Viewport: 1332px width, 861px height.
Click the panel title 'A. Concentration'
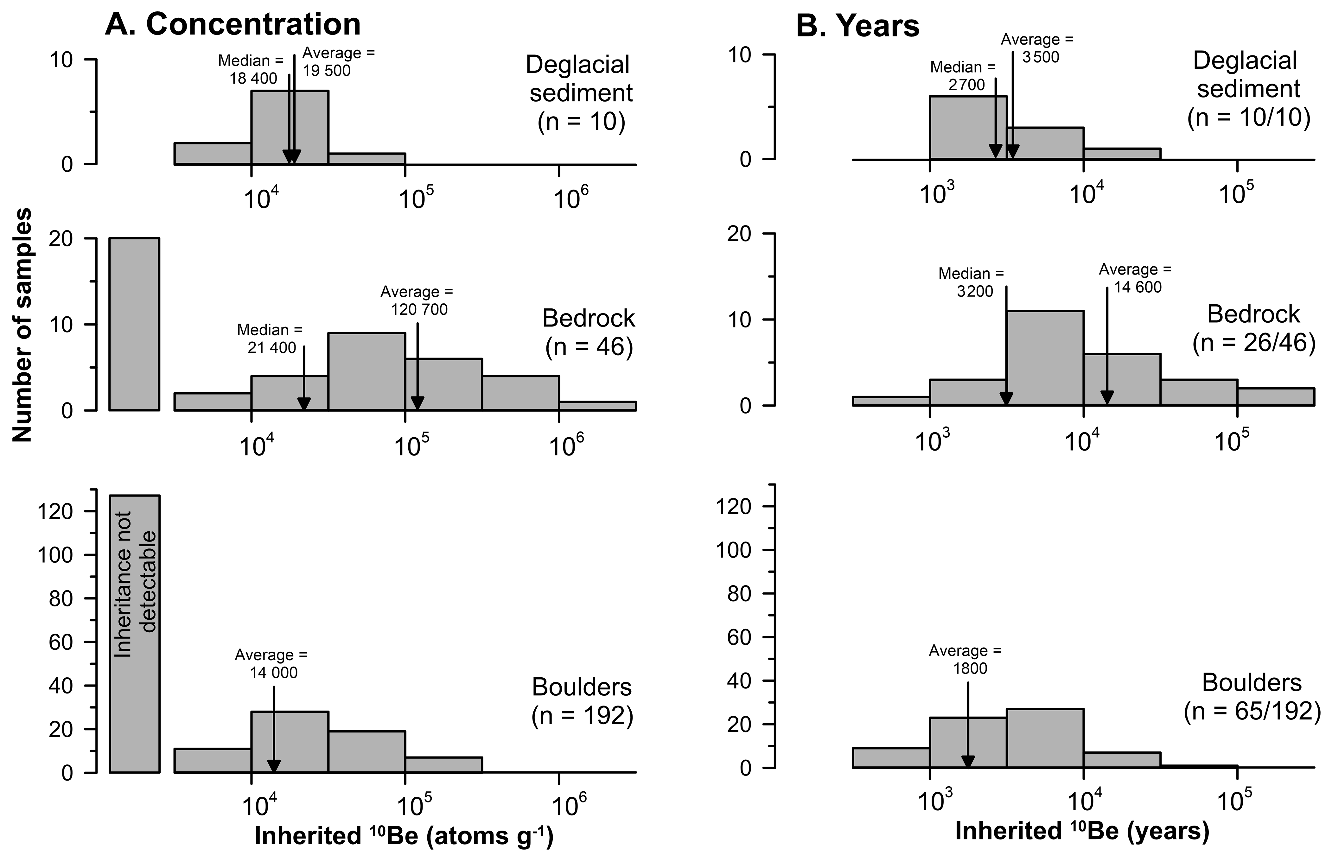233,25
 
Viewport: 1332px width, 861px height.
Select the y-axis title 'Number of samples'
22,326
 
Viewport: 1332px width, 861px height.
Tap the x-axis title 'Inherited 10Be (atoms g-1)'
404,836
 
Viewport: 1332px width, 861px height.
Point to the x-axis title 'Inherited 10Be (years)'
1082,831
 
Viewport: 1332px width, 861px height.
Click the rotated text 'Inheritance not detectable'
134,584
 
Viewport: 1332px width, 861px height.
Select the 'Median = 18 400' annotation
252,69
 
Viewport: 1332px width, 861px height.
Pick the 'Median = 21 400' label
271,338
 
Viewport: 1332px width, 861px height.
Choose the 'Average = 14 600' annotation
1135,278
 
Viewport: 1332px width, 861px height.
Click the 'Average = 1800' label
966,659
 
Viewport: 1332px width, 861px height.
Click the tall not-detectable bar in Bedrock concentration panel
134,324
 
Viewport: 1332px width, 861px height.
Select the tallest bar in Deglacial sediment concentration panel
290,128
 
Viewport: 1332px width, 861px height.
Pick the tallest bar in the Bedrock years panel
1045,358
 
